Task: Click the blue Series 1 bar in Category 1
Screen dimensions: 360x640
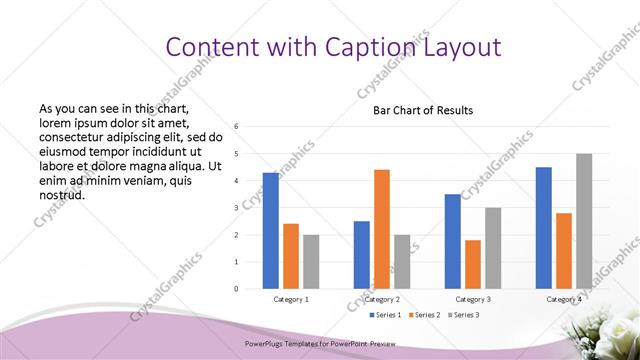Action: pos(271,231)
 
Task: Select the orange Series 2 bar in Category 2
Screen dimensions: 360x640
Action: pos(382,229)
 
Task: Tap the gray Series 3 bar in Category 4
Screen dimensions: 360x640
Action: pos(584,221)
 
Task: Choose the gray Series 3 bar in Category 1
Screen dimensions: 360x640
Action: pos(311,262)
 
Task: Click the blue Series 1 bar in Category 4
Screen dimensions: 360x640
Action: pos(544,228)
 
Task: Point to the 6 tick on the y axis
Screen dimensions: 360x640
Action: pos(235,127)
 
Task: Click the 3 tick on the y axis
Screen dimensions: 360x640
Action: pos(235,208)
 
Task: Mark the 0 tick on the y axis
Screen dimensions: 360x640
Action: pos(235,289)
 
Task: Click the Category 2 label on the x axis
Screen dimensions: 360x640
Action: pos(382,299)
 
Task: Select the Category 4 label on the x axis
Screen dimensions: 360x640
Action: pos(564,299)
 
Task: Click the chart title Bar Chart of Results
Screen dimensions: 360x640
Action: pos(423,110)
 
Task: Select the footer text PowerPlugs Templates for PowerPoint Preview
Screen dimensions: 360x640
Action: pos(320,343)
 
